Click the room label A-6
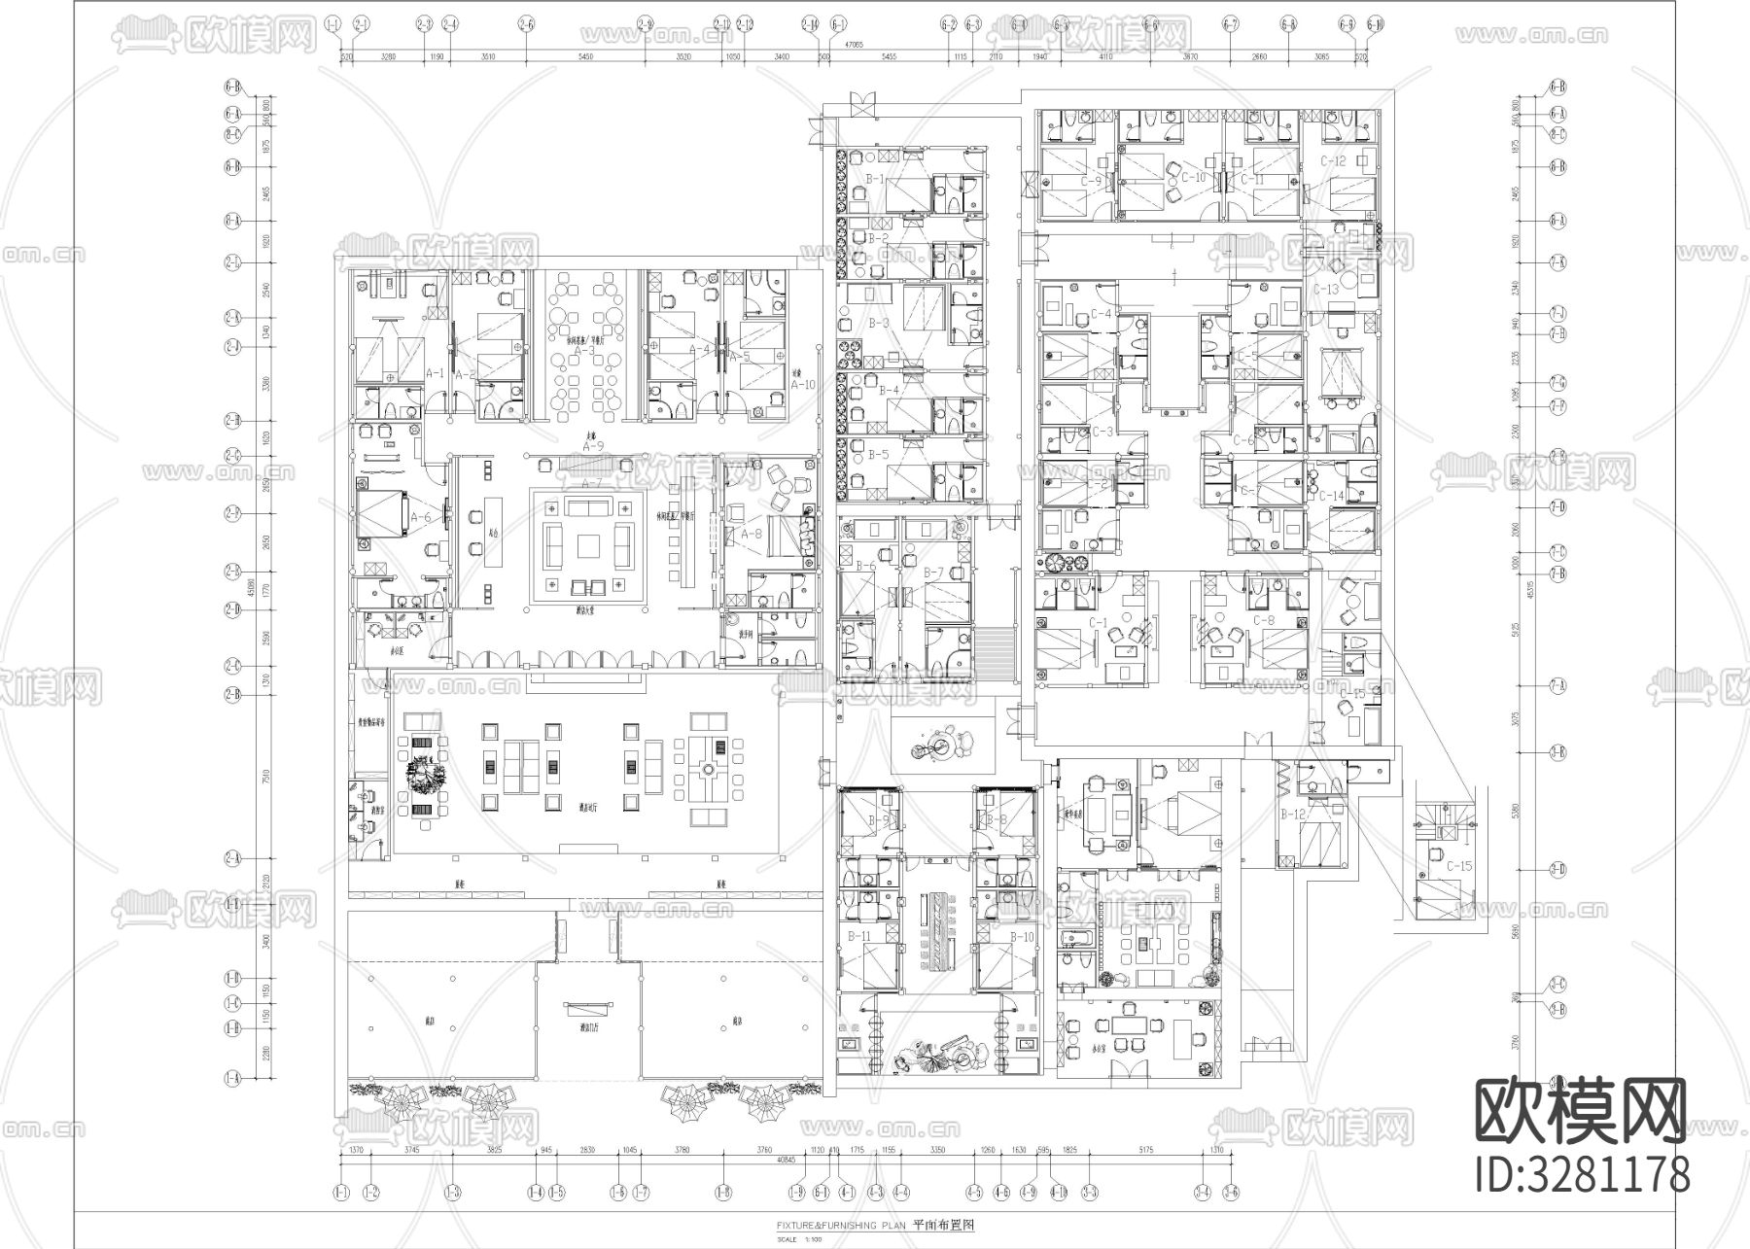420,518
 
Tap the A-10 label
801,384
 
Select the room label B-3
878,323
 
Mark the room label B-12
1292,815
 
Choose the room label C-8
1263,620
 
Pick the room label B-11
858,936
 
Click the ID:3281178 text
1582,1173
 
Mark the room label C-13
1326,290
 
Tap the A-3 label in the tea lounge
583,350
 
